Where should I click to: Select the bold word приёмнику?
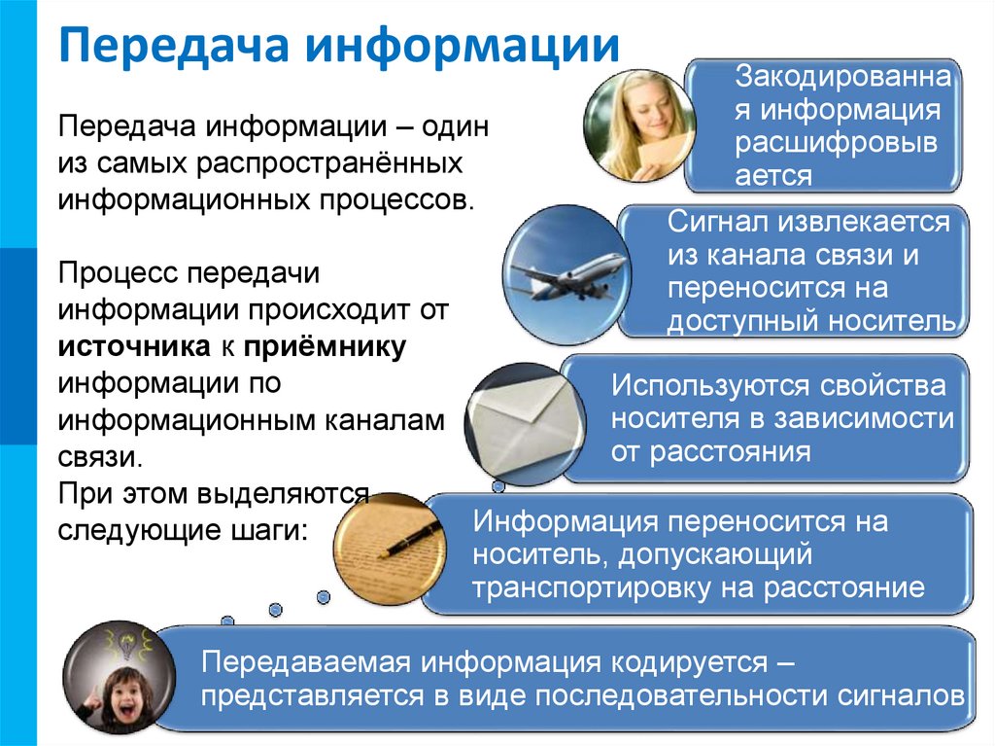[326, 347]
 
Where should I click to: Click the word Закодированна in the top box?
[837, 74]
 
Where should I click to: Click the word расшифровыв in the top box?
[837, 144]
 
